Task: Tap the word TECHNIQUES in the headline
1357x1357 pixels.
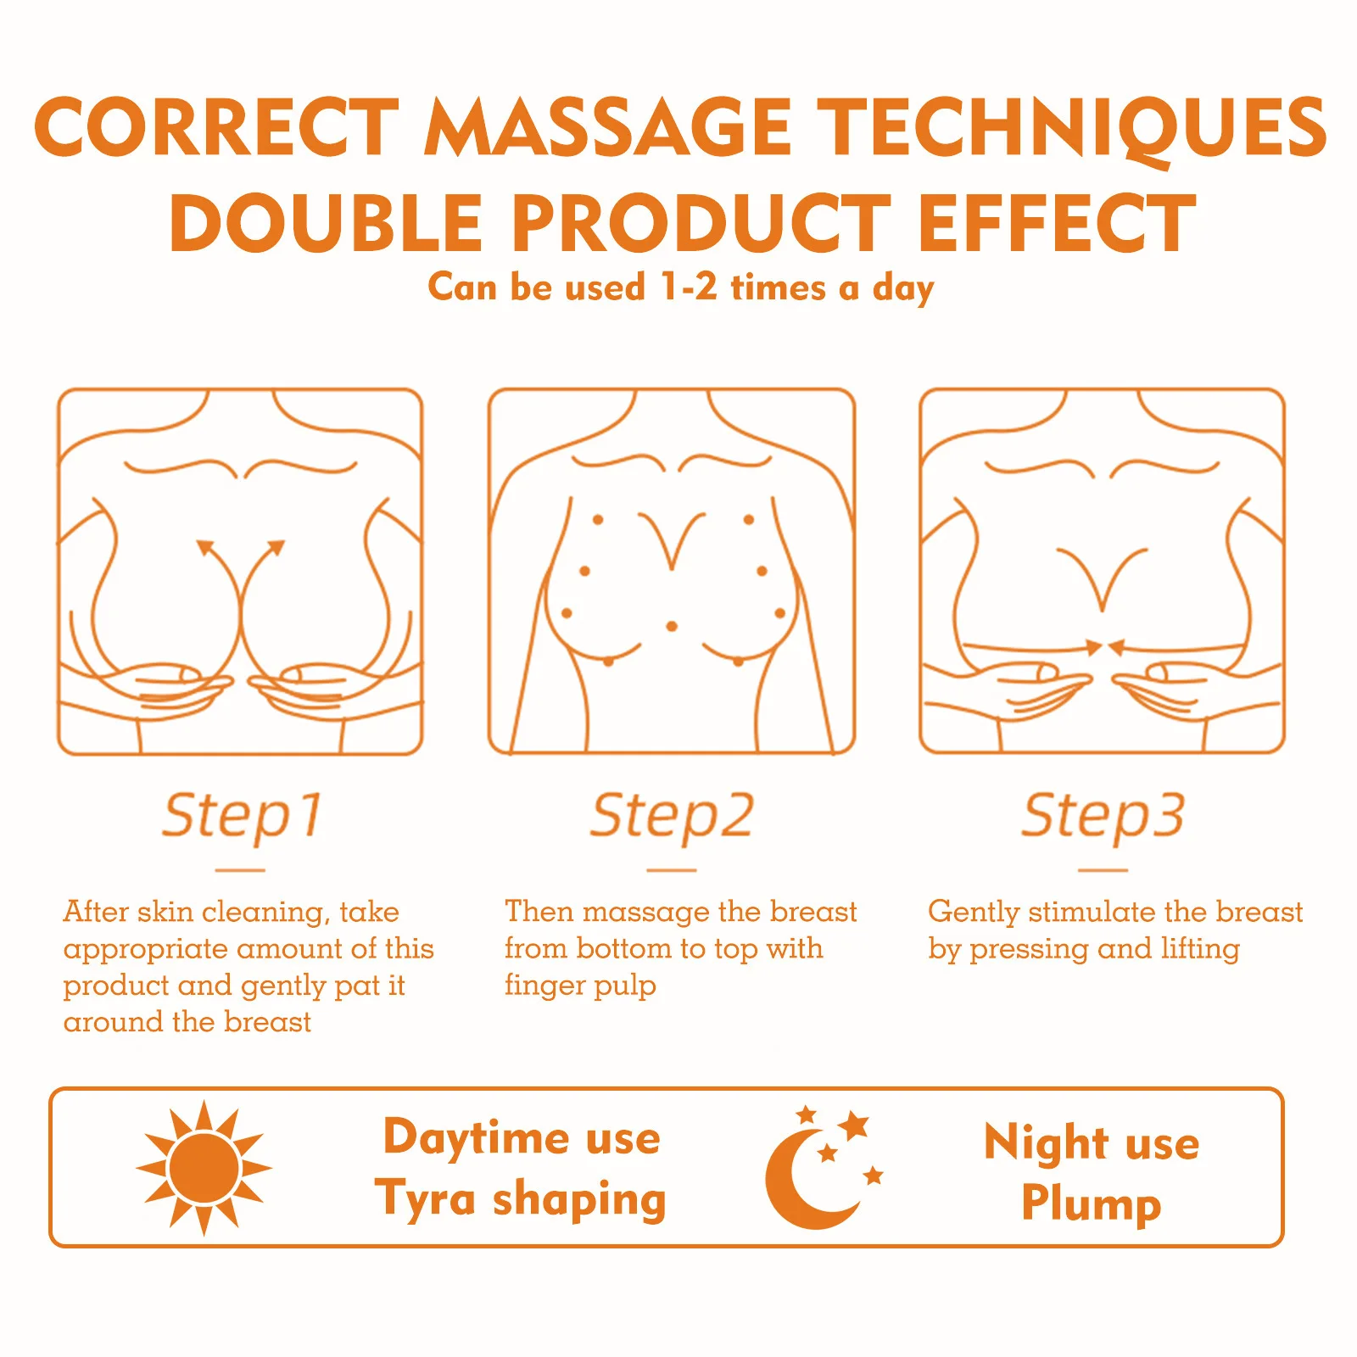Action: point(1071,130)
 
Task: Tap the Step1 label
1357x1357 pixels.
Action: point(243,816)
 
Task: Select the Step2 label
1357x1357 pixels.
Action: point(672,816)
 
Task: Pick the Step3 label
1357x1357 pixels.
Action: point(1103,816)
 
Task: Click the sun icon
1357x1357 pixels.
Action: point(204,1168)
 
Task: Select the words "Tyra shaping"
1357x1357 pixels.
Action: point(521,1199)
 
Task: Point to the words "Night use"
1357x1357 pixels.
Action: point(1092,1142)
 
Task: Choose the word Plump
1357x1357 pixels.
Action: point(1092,1203)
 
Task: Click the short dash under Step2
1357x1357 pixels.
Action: point(672,870)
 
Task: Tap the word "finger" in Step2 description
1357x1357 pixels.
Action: point(539,986)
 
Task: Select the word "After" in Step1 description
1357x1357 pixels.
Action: point(97,912)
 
